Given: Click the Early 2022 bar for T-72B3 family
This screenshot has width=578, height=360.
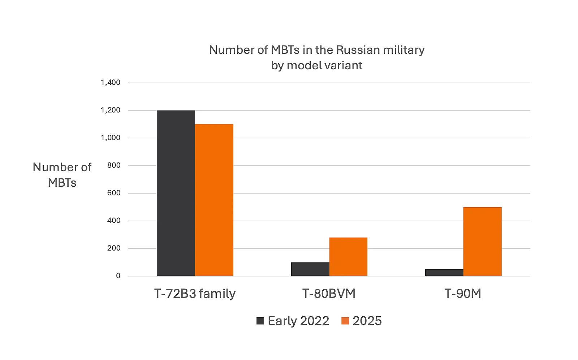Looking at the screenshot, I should click(x=176, y=193).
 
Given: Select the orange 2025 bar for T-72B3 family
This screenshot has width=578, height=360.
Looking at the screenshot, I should click(x=214, y=200).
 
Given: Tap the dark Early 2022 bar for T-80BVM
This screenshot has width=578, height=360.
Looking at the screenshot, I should click(x=310, y=269).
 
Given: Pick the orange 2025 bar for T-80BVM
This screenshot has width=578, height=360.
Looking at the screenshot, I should click(x=348, y=257).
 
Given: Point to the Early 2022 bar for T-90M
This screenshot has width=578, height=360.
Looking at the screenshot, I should click(x=444, y=273).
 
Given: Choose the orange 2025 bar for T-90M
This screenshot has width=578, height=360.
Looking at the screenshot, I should click(x=482, y=242).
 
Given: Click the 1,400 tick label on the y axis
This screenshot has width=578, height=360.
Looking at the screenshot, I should click(x=110, y=83).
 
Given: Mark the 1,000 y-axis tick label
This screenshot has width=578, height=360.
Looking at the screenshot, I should click(x=110, y=138).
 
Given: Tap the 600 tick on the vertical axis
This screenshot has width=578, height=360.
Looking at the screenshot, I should click(x=113, y=193).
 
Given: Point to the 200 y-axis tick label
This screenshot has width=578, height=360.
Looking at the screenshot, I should click(x=113, y=248).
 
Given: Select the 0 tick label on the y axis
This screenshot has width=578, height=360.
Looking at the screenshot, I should click(x=118, y=276).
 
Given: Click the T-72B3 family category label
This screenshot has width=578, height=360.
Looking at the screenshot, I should click(x=195, y=294).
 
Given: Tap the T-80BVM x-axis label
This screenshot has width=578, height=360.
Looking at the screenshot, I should click(x=329, y=294).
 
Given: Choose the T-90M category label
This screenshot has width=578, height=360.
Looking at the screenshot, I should click(x=463, y=294).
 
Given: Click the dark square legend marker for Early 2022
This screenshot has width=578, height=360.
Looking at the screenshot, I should click(x=260, y=321).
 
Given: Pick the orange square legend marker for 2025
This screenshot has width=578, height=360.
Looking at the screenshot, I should click(x=345, y=321).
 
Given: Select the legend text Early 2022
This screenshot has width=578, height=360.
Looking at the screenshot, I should click(x=298, y=321).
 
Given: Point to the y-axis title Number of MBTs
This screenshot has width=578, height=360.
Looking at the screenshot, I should click(x=62, y=175).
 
